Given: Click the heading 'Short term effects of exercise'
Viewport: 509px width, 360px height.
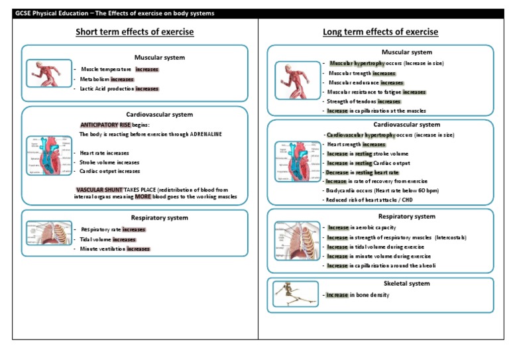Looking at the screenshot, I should pyautogui.click(x=135, y=32).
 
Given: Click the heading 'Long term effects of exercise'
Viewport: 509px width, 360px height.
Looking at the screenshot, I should pyautogui.click(x=380, y=32).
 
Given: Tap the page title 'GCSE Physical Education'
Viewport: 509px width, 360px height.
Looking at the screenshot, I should pyautogui.click(x=58, y=13).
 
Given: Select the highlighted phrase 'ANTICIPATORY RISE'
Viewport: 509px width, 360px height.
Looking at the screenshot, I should pyautogui.click(x=105, y=125).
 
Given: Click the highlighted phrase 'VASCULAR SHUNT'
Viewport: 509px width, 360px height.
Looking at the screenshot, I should pyautogui.click(x=100, y=190).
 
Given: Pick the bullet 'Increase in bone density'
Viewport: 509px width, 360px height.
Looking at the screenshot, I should pyautogui.click(x=357, y=294).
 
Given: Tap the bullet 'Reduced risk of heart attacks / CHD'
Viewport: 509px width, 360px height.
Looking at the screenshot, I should pyautogui.click(x=368, y=200).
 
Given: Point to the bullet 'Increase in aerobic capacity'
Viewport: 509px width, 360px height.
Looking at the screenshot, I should pyautogui.click(x=362, y=227).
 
